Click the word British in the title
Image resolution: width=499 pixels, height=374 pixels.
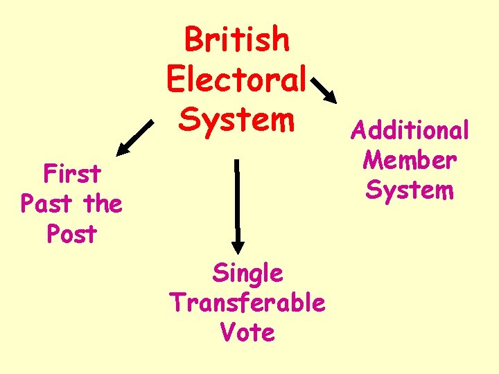[x=237, y=40]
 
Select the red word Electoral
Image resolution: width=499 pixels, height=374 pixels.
[x=236, y=80]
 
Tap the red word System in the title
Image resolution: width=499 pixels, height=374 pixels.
[x=237, y=119]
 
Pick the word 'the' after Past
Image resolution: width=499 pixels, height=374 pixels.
[x=102, y=204]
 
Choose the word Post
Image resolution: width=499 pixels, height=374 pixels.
[x=72, y=234]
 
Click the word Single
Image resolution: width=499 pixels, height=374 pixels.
[x=247, y=273]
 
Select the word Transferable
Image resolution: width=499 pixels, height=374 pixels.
[x=247, y=303]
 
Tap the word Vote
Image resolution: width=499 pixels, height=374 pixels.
[x=247, y=332]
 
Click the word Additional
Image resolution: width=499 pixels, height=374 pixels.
[x=410, y=130]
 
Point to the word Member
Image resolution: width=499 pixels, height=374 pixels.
[x=410, y=159]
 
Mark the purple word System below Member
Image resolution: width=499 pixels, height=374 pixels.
[x=410, y=189]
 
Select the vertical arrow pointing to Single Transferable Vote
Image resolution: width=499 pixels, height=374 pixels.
[x=237, y=205]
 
